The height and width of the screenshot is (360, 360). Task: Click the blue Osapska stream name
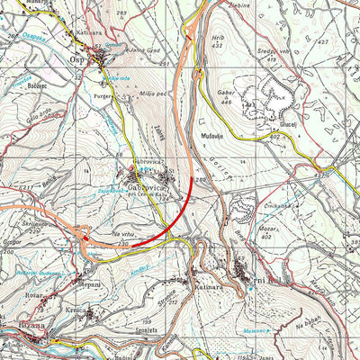pyautogui.click(x=33, y=37)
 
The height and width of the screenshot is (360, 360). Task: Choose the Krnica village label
pyautogui.click(x=76, y=311)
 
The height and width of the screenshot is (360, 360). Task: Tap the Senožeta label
pyautogui.click(x=149, y=334)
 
